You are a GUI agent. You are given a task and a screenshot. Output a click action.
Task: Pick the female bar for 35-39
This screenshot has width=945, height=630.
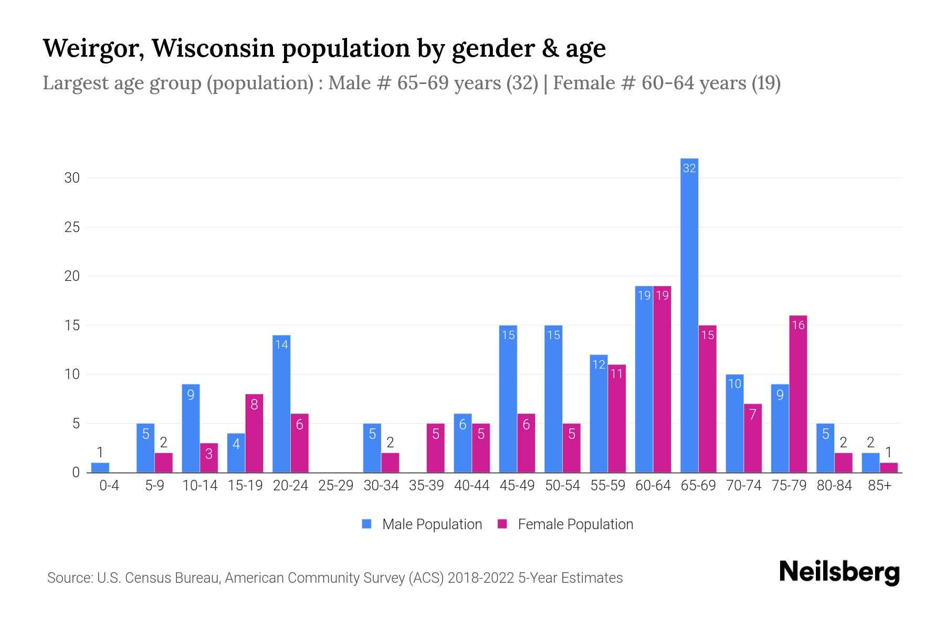pos(435,449)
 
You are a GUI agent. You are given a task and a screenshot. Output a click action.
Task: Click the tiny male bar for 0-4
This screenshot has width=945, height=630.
pos(100,468)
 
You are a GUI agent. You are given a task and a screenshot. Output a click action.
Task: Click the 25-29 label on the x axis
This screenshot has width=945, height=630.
pos(335,486)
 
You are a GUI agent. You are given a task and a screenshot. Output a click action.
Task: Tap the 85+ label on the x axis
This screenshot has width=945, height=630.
pos(879,486)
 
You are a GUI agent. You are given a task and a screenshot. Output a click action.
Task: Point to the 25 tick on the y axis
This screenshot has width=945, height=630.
pos(72,227)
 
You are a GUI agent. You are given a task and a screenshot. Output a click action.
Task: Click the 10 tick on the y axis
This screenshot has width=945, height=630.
pos(72,374)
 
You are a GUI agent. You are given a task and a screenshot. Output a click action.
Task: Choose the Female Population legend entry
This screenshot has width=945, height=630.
pos(565,524)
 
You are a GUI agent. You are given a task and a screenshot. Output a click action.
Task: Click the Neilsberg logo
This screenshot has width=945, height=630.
pos(839,572)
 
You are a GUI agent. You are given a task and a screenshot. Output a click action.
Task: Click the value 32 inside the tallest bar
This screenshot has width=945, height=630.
pos(689,168)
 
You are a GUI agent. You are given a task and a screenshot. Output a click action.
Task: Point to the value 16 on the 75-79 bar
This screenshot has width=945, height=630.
pos(798,325)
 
